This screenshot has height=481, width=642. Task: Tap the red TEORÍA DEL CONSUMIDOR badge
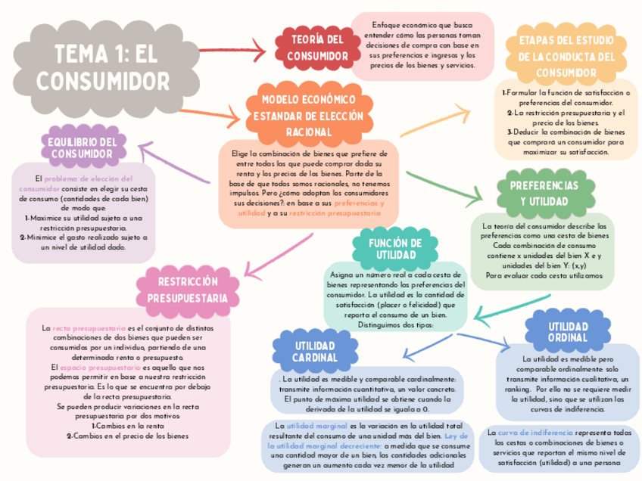tap(318, 47)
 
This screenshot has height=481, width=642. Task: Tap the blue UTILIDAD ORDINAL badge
tap(557, 330)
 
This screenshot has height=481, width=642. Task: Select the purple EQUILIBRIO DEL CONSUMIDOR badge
tap(82, 148)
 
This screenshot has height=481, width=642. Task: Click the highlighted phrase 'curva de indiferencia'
tap(531, 432)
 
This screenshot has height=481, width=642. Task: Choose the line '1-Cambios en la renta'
tap(127, 426)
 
